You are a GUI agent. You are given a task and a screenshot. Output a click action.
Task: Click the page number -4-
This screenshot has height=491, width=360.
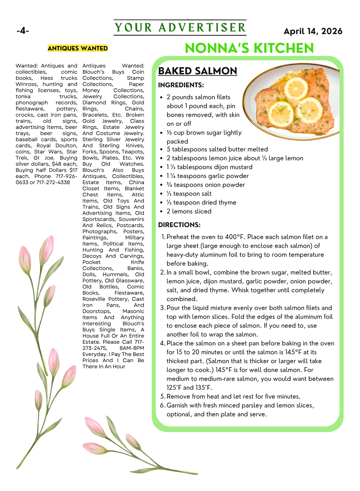click(x=23, y=31)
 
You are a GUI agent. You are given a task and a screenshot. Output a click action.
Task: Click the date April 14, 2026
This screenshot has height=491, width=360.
click(x=313, y=31)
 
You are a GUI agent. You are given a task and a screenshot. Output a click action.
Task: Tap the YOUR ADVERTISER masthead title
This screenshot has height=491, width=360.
click(x=180, y=28)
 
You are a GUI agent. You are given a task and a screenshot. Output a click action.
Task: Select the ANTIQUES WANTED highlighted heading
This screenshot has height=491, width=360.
click(x=78, y=48)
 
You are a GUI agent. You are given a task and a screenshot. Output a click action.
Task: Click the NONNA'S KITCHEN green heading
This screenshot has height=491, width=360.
click(x=249, y=48)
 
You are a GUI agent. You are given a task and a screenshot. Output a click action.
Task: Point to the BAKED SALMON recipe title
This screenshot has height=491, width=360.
click(x=197, y=71)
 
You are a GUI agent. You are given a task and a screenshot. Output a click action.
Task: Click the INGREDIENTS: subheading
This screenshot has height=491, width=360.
click(x=181, y=85)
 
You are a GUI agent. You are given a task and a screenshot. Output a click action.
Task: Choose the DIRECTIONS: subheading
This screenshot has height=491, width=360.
click(x=179, y=225)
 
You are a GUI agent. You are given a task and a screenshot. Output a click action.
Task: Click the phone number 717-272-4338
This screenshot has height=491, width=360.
click(x=53, y=182)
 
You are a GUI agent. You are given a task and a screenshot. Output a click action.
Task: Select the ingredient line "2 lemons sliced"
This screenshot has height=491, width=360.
click(x=189, y=211)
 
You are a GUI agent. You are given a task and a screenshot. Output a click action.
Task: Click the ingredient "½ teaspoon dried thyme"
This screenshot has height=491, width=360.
click(x=201, y=203)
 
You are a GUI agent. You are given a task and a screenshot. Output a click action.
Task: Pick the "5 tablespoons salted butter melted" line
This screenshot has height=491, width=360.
click(x=217, y=149)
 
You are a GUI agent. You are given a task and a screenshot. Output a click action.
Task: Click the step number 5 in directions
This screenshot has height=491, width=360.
click(x=162, y=397)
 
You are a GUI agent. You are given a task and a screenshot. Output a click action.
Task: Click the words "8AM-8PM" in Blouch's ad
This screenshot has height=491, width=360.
click(x=132, y=348)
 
